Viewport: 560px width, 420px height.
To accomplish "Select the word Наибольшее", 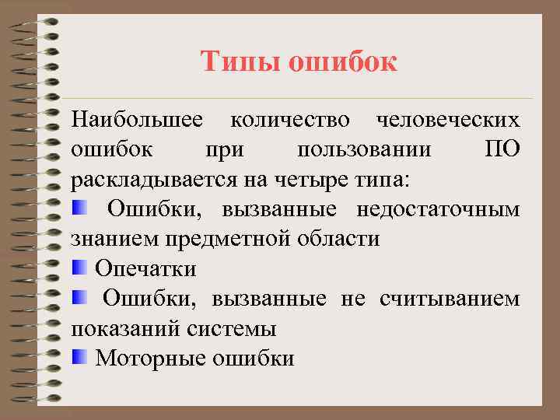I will [x=138, y=120].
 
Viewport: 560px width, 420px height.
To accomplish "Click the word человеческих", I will [x=448, y=120].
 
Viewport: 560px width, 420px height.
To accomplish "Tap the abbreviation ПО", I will [x=502, y=149].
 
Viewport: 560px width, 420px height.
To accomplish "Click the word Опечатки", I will [x=145, y=268].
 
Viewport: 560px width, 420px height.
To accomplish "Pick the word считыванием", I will [x=450, y=299].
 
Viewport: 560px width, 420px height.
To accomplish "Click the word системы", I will [x=231, y=328].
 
